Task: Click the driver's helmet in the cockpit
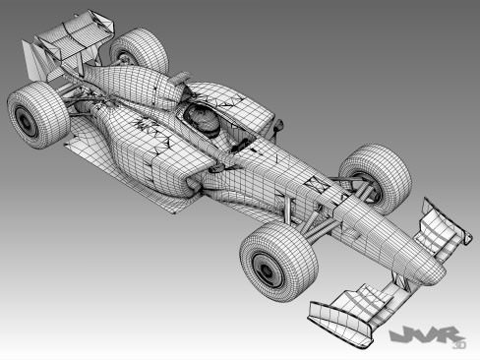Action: click(x=205, y=120)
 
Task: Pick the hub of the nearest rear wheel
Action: click(x=26, y=122)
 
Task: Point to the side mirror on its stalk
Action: click(x=279, y=125)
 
